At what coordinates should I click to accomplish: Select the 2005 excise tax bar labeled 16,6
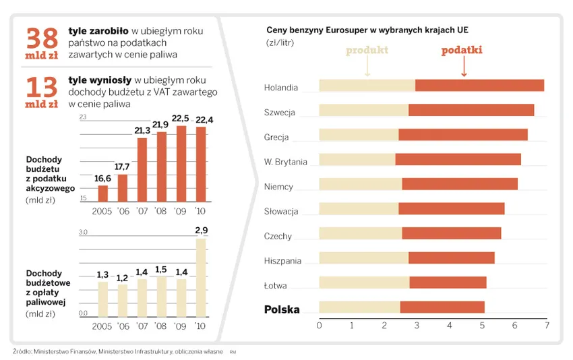(102, 193)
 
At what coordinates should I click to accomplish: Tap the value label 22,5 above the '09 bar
(181, 119)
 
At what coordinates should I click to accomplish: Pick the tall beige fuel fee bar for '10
(200, 276)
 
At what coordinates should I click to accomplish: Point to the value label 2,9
(201, 231)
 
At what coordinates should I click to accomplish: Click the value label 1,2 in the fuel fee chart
(122, 277)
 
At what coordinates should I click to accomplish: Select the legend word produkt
(367, 51)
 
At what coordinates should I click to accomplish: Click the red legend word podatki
(462, 51)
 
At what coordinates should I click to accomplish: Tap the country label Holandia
(281, 88)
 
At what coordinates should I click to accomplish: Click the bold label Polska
(282, 309)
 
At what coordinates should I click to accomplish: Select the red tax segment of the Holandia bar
(479, 86)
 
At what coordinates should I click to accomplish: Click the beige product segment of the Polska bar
(359, 307)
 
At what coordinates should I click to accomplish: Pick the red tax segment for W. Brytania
(458, 159)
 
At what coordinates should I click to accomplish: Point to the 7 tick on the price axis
(547, 326)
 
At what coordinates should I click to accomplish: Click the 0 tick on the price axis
(319, 326)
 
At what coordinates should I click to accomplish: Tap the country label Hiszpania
(282, 261)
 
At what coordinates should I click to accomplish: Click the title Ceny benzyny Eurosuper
(367, 30)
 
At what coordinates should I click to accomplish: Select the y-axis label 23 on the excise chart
(84, 118)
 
